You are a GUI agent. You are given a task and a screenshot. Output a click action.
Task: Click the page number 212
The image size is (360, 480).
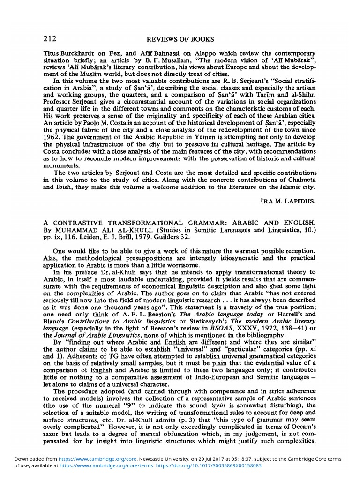coord(50,39)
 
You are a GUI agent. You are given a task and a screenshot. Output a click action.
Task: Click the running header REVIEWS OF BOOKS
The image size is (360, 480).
coord(180,39)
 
